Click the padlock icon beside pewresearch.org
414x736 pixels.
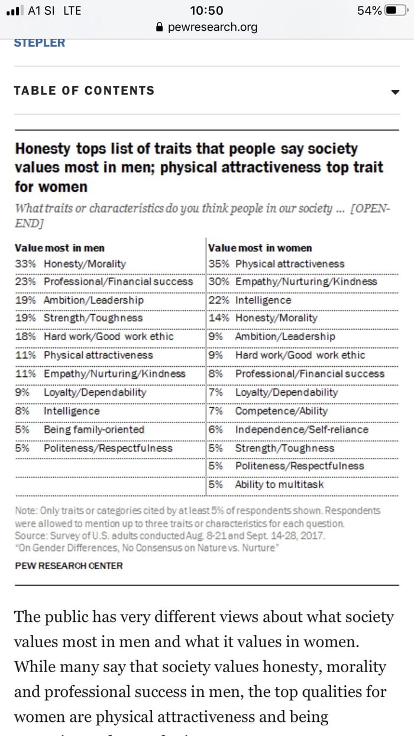click(158, 27)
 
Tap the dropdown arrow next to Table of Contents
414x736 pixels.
click(395, 92)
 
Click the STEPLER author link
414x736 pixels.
click(40, 43)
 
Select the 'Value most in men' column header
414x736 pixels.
click(59, 248)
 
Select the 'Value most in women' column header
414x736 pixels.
click(260, 248)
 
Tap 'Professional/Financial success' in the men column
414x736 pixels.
click(118, 282)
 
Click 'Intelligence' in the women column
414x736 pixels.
click(263, 300)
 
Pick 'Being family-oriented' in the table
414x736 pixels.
click(94, 430)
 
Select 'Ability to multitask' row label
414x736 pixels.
click(279, 485)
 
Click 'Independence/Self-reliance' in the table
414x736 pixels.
click(302, 430)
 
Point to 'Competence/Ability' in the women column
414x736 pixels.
click(281, 411)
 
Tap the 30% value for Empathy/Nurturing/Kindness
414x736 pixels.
click(218, 282)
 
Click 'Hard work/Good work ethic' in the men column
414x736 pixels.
click(109, 337)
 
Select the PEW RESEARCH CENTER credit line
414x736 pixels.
click(69, 566)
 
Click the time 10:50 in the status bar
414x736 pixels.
click(207, 11)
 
